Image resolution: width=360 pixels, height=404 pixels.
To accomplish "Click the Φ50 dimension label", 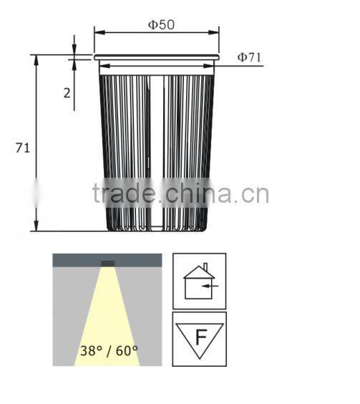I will [161, 24].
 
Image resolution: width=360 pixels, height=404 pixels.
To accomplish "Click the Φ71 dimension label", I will [248, 57].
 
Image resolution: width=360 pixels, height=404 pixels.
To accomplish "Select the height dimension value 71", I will [22, 148].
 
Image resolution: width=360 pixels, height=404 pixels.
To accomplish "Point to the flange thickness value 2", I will [67, 92].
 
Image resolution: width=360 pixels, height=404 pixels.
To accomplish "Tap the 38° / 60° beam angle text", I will [109, 351].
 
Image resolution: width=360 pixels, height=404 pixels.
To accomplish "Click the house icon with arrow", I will [199, 280].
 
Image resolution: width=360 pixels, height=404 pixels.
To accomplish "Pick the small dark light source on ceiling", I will [107, 263].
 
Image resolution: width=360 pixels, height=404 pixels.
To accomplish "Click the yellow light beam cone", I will [107, 315].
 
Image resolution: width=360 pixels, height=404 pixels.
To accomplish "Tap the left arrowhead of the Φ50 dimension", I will [97, 32].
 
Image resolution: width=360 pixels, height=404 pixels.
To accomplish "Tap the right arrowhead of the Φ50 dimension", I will [215, 32].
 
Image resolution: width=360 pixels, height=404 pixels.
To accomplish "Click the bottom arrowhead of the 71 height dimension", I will [36, 227].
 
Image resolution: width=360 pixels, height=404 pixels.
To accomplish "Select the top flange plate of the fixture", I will [156, 57].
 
